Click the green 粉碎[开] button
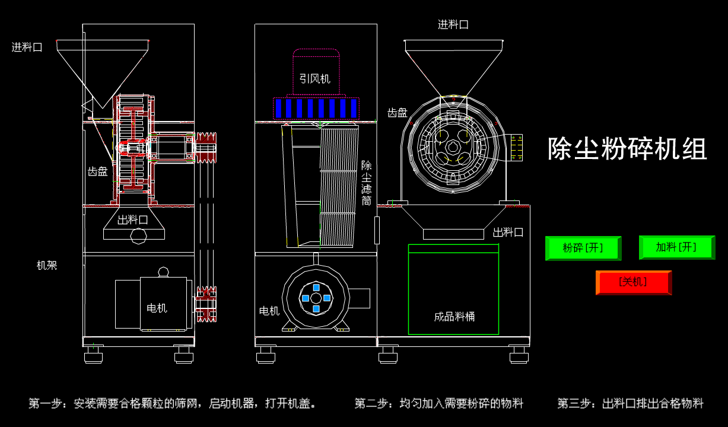[x=583, y=248]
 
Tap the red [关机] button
[x=633, y=282]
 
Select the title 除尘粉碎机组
[x=627, y=149]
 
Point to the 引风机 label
[x=314, y=79]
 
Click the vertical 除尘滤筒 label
[x=367, y=183]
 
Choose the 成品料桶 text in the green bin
[x=454, y=317]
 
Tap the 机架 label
[x=47, y=266]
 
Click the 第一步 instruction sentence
[x=173, y=404]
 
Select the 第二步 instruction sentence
[x=439, y=404]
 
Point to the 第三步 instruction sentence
[x=630, y=404]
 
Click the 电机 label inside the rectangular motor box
[x=157, y=308]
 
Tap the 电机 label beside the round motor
[x=269, y=311]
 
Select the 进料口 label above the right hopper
[x=453, y=25]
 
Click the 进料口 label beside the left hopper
[x=27, y=47]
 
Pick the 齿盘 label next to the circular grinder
[x=398, y=113]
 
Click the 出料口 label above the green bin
[x=508, y=232]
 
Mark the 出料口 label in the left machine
[x=132, y=220]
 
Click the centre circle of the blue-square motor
[x=316, y=298]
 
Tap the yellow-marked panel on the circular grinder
[x=516, y=148]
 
